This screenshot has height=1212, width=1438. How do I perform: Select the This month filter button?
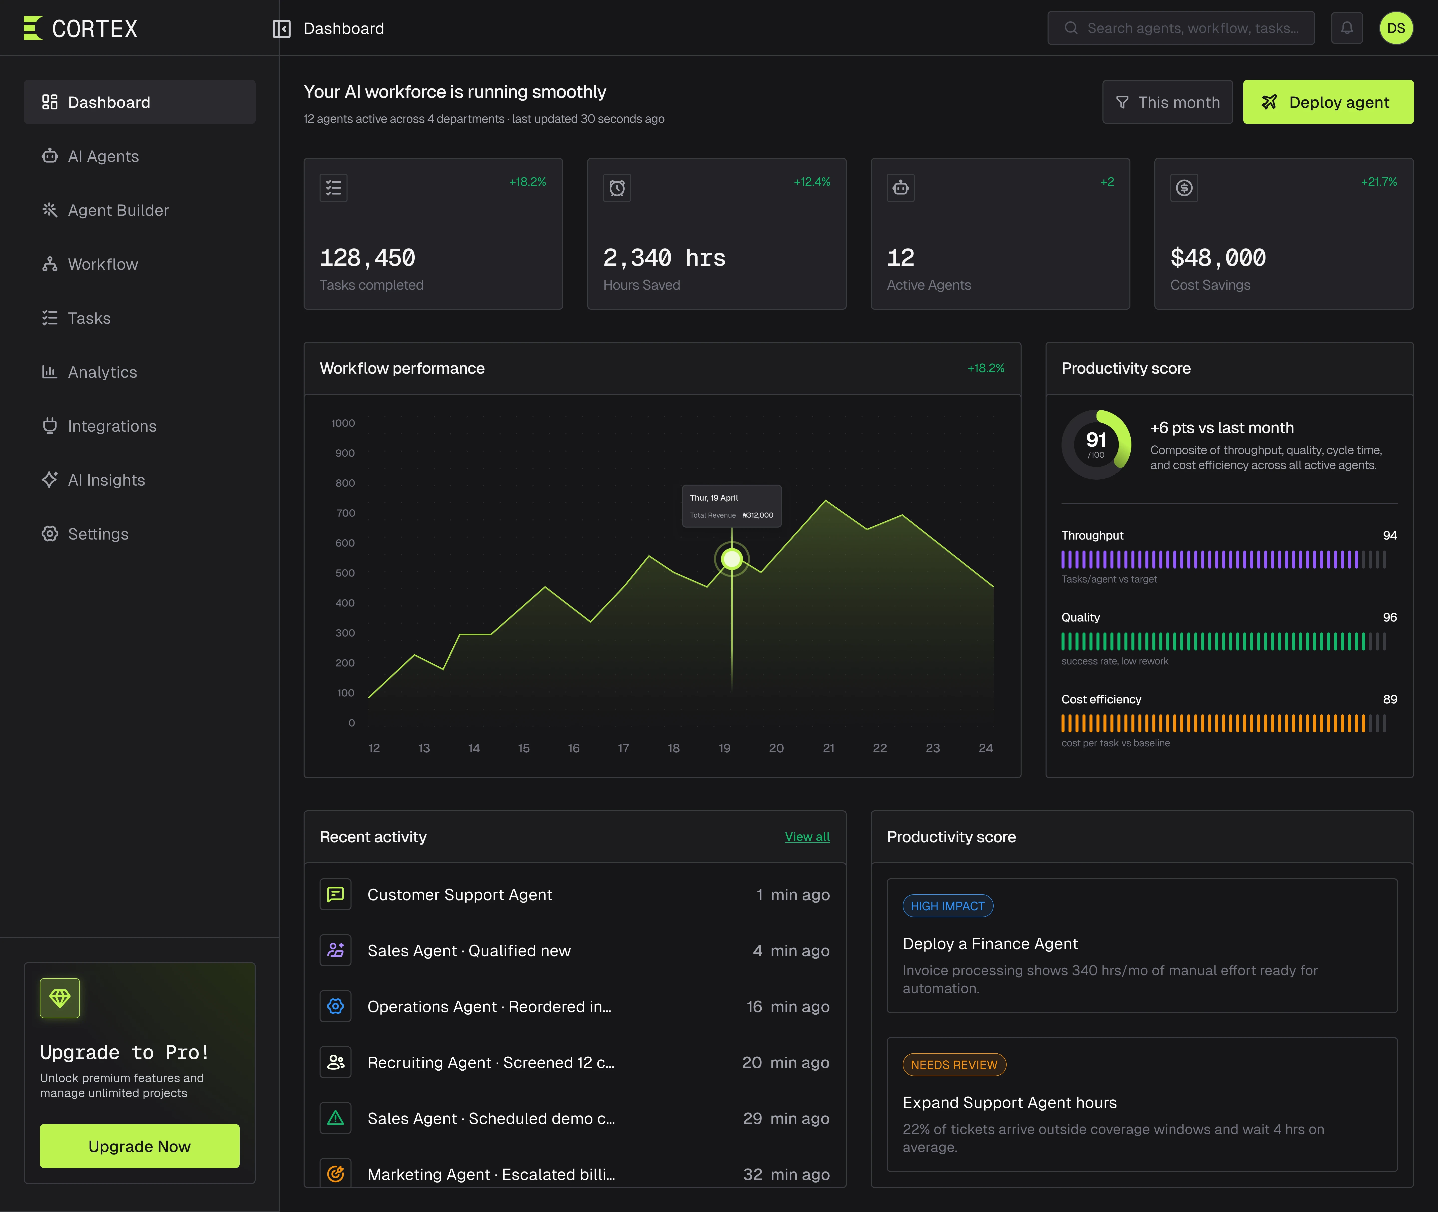coord(1167,102)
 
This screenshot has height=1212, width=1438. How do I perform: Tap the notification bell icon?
coord(1347,28)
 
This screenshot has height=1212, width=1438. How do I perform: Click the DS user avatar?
coord(1396,28)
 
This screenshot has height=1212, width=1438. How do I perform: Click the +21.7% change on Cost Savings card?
coord(1379,182)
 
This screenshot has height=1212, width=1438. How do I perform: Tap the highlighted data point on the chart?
coord(732,559)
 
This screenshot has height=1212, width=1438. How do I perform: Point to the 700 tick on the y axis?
coord(346,513)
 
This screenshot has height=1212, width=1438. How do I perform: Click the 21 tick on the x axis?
coord(829,748)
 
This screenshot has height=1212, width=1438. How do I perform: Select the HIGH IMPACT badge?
coord(948,906)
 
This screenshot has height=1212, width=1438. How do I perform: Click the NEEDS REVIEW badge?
coord(954,1065)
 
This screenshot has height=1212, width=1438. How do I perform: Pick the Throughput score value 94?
coord(1390,535)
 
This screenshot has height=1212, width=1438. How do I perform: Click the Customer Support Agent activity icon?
coord(335,895)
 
